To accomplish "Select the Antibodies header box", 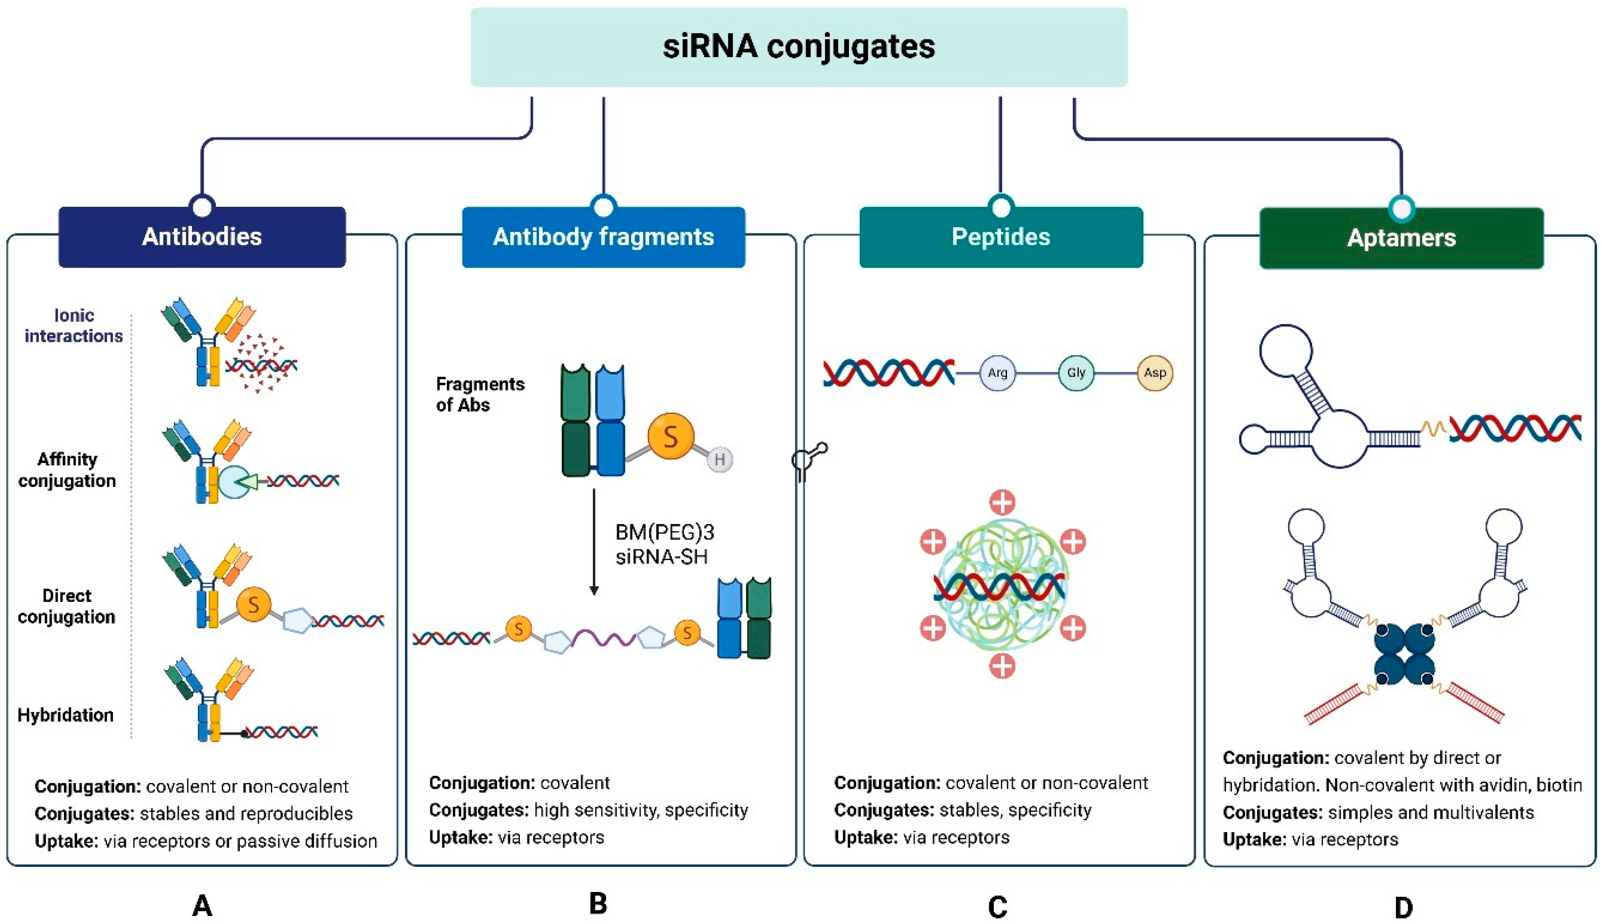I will point(202,237).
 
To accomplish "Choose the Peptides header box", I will point(1001,237).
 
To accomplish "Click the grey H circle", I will point(719,459).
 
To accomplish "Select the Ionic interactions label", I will point(74,326).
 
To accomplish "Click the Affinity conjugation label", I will point(67,470).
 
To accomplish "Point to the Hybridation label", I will point(65,715).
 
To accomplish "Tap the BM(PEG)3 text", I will point(664,532).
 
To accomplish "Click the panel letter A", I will point(202,905).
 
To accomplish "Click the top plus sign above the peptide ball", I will point(1002,502).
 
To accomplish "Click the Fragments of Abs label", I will point(480,394).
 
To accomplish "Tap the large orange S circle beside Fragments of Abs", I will point(670,436).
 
